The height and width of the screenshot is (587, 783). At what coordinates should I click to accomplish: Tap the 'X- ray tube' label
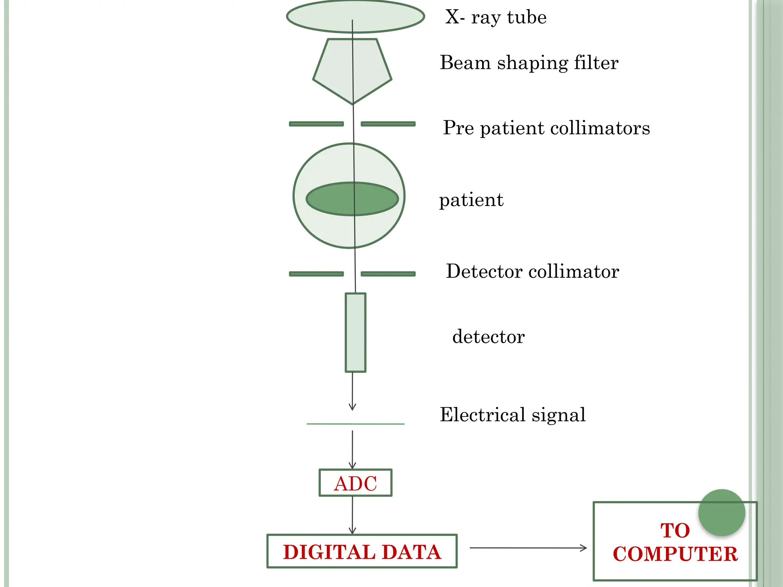click(496, 18)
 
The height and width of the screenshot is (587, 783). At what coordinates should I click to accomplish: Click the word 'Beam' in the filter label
click(465, 63)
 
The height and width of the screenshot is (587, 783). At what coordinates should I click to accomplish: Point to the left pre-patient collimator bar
click(316, 124)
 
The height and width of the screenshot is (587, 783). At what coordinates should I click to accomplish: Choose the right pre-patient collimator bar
click(388, 124)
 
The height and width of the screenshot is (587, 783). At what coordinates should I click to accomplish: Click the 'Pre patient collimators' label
click(546, 128)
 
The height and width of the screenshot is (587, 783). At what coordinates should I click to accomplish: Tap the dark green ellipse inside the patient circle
click(333, 199)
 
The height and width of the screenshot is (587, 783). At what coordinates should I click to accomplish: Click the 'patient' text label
click(471, 200)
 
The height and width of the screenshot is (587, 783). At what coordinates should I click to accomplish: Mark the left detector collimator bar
click(316, 274)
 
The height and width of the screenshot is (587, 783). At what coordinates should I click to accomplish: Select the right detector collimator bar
click(388, 274)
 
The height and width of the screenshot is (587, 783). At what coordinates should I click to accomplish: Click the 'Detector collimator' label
click(532, 272)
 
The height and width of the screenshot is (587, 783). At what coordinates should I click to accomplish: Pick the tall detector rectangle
click(356, 332)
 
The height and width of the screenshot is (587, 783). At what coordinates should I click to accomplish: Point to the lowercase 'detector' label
click(488, 337)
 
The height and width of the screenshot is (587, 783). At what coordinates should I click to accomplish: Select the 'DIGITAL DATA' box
click(362, 551)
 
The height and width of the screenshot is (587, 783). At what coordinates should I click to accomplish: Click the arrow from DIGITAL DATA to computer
click(528, 548)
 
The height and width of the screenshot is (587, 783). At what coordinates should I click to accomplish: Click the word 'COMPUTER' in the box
click(675, 554)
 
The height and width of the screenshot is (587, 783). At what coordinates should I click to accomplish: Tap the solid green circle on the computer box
click(721, 512)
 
